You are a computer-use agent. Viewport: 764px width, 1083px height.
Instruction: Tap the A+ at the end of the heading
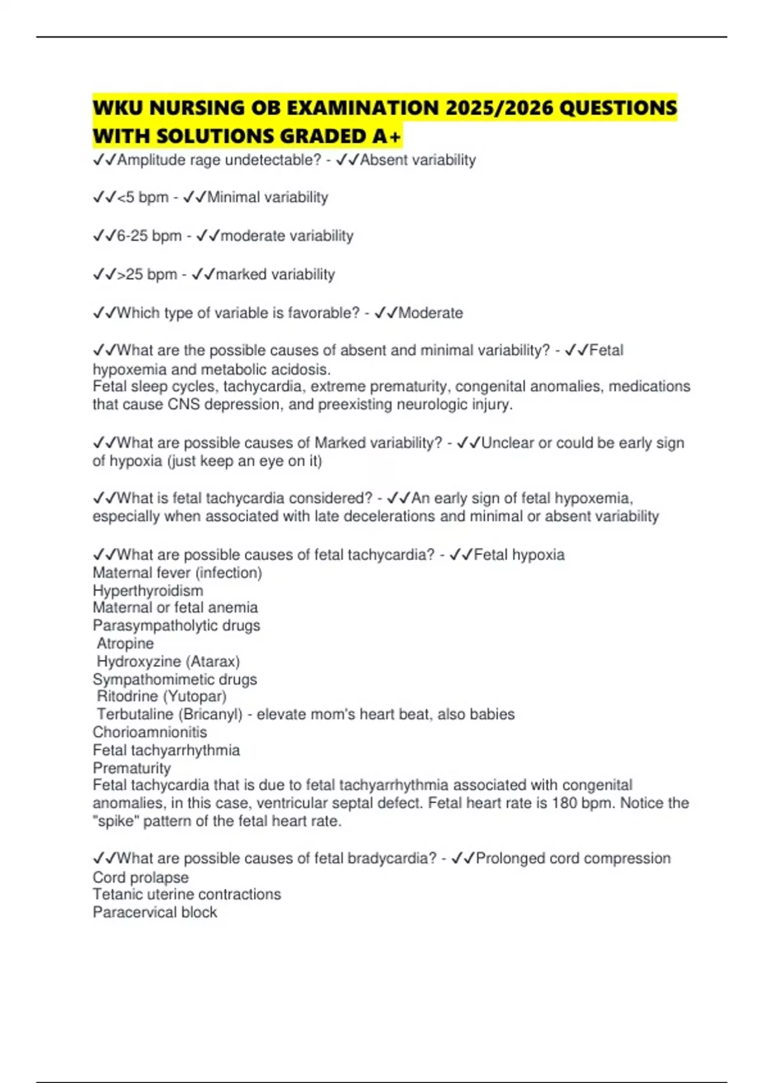pos(387,136)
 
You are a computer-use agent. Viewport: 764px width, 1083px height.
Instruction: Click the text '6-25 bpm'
pos(149,236)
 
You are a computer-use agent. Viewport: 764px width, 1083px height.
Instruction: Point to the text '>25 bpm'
pos(147,275)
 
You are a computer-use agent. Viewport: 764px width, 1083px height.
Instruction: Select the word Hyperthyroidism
pos(148,591)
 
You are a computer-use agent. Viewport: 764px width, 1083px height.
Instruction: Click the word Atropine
pos(125,643)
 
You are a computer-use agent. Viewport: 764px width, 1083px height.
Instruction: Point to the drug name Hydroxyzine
pos(139,661)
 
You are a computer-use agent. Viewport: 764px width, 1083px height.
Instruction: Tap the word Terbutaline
pos(137,714)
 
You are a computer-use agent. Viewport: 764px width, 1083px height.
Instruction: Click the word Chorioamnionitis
pos(150,732)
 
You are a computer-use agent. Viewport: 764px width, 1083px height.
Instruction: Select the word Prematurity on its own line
pos(132,768)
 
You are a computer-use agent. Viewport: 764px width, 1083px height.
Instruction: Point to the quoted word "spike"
pos(115,821)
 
